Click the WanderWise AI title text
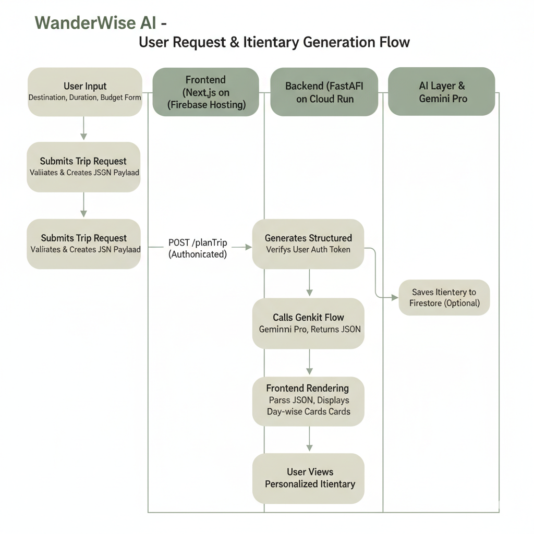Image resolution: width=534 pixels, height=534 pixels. [101, 23]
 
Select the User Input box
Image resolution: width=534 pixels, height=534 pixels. [85, 92]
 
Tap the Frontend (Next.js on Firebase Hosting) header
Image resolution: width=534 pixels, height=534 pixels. [205, 92]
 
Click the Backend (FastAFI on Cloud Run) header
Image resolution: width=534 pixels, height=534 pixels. [324, 92]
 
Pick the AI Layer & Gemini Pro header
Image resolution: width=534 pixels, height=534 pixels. [442, 92]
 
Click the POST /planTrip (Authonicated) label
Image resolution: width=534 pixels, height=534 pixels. [198, 248]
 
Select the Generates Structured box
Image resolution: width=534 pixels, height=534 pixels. [308, 244]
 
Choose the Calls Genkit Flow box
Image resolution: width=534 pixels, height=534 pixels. [309, 323]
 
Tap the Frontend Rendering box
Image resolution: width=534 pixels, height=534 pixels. [309, 401]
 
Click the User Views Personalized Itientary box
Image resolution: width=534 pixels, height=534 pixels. [309, 478]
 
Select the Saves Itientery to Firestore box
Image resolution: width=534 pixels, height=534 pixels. [444, 297]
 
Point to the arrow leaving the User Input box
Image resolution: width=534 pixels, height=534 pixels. [83, 128]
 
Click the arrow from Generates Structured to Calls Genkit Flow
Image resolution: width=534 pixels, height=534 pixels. [309, 283]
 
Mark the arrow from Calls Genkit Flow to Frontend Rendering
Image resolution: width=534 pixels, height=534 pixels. [309, 362]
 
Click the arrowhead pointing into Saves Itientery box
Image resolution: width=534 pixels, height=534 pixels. [395, 298]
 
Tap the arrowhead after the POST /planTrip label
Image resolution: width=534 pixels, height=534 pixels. [248, 247]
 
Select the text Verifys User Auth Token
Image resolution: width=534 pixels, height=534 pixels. [308, 250]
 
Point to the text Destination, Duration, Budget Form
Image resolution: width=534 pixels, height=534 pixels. [85, 98]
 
